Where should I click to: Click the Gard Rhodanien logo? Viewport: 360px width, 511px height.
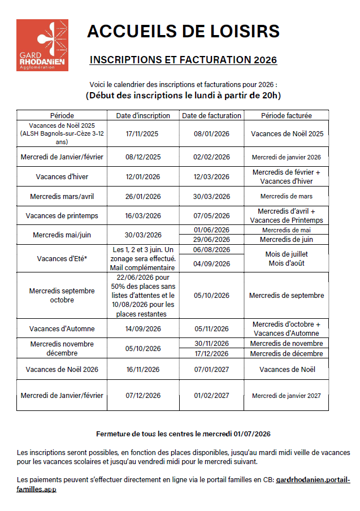[x=42, y=45]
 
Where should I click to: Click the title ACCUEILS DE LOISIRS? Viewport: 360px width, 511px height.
[x=183, y=32]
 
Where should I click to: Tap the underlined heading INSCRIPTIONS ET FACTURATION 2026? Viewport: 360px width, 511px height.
[x=183, y=59]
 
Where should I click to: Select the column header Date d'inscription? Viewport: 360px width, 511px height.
[x=143, y=115]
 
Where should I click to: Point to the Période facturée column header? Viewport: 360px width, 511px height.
[x=286, y=115]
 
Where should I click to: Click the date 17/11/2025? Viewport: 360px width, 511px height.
[x=143, y=134]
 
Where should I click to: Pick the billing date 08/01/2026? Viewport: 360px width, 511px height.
[x=211, y=134]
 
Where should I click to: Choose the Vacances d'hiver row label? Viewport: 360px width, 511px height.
[x=62, y=177]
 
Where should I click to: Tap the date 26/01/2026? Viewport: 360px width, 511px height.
[x=143, y=197]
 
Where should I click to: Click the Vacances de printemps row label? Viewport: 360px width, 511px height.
[x=62, y=215]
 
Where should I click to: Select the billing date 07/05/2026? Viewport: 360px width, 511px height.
[x=211, y=215]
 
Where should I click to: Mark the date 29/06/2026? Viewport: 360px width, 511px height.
[x=211, y=240]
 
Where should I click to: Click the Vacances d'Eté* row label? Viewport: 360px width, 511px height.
[x=62, y=258]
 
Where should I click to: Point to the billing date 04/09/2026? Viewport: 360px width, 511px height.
[x=211, y=263]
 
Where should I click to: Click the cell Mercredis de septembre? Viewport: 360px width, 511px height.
[x=286, y=295]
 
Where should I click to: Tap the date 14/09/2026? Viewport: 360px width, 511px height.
[x=143, y=328]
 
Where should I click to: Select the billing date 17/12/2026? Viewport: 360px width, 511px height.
[x=211, y=354]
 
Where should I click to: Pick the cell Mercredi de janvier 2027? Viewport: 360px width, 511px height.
[x=286, y=396]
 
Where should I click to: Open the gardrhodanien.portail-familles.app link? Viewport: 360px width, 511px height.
[x=313, y=480]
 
